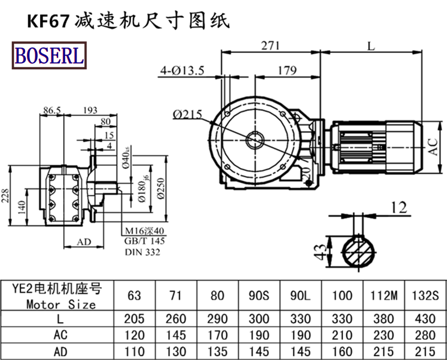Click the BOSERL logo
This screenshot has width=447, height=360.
click(x=49, y=56)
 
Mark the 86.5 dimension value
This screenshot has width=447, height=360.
click(x=52, y=111)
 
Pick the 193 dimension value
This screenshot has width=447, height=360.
click(x=91, y=111)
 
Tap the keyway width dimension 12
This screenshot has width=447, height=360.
click(x=399, y=208)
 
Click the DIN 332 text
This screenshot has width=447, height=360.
click(x=142, y=253)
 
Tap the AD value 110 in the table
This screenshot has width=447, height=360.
click(x=134, y=352)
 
